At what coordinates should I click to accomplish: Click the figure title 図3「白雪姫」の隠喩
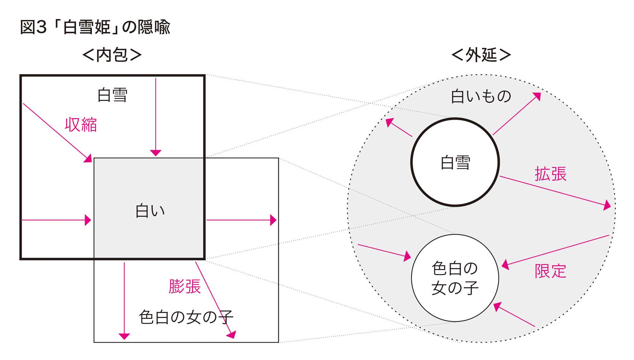tap(95, 27)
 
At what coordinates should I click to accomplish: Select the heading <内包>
tap(112, 55)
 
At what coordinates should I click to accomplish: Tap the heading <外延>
tap(481, 55)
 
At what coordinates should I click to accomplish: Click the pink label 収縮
tap(81, 125)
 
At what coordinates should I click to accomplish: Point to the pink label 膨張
tap(184, 286)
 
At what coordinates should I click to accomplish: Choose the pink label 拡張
tap(551, 174)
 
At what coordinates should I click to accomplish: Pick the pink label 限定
tap(550, 271)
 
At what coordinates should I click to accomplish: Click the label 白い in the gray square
tap(150, 211)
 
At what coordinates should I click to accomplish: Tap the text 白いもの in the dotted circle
tap(481, 96)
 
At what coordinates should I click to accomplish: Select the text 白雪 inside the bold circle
tap(455, 163)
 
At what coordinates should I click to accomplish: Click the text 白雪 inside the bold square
tap(112, 95)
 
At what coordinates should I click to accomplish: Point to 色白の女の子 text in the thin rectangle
tap(186, 317)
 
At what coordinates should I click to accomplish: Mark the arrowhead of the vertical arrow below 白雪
tap(156, 153)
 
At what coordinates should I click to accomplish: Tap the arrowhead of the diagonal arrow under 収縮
tap(88, 158)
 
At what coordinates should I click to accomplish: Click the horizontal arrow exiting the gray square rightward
tap(241, 220)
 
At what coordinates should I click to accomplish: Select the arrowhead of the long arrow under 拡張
tap(607, 205)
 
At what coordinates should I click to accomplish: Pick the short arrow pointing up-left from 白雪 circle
tap(399, 128)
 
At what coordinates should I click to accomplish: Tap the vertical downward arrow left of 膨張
tap(124, 301)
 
